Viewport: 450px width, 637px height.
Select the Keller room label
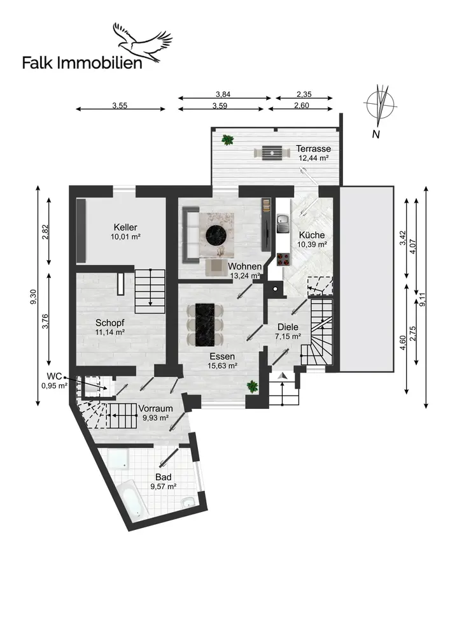[125, 227]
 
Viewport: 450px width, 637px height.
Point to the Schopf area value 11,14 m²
[110, 332]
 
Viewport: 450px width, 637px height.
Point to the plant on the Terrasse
[227, 140]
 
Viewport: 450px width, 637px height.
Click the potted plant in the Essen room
[253, 385]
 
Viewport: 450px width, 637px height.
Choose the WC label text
[54, 376]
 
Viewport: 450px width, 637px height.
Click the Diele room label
[287, 327]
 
